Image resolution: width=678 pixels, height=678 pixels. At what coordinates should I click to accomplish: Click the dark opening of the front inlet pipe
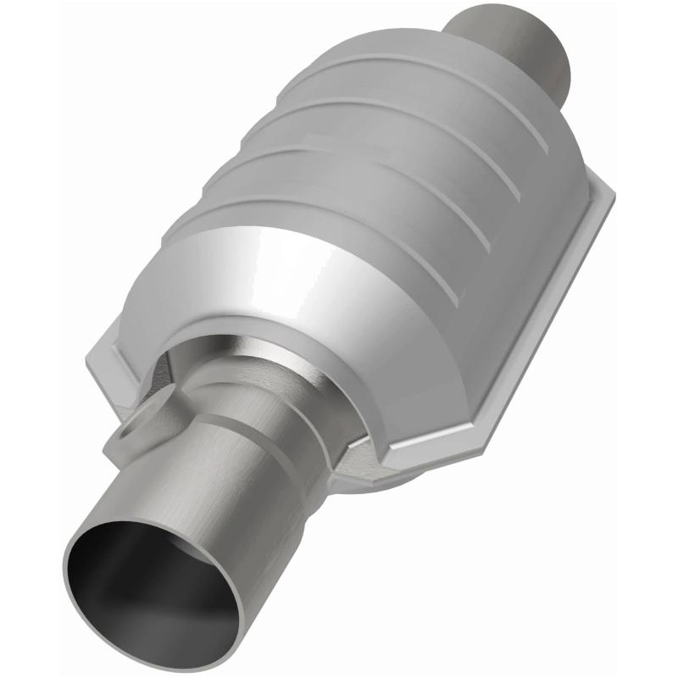(x=144, y=585)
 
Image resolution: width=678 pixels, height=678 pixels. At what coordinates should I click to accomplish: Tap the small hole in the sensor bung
(x=128, y=431)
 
